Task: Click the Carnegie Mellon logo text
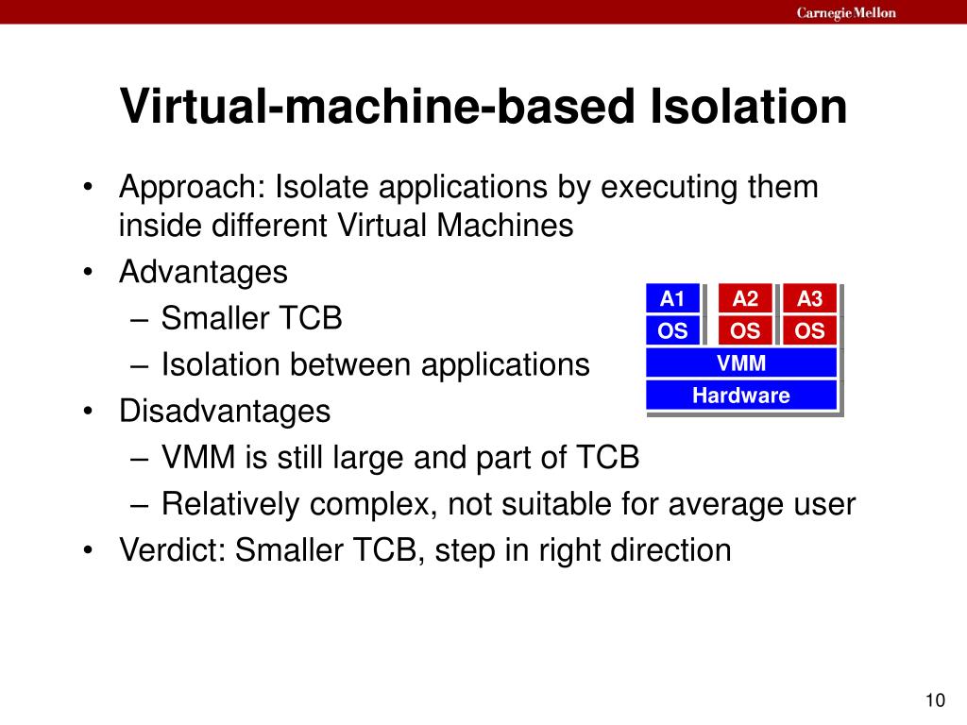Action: (x=846, y=12)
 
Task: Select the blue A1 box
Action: (x=672, y=299)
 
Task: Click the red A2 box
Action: (x=745, y=299)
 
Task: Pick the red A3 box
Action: (x=809, y=299)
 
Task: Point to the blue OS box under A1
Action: (x=672, y=330)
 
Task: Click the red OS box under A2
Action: (x=745, y=330)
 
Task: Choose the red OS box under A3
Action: (x=809, y=330)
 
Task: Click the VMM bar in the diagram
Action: (x=741, y=362)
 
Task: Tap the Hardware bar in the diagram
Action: (x=741, y=395)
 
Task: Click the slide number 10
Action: (x=935, y=700)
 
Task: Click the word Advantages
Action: (x=203, y=273)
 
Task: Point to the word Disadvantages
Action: (x=225, y=412)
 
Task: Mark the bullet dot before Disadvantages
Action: (x=87, y=413)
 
